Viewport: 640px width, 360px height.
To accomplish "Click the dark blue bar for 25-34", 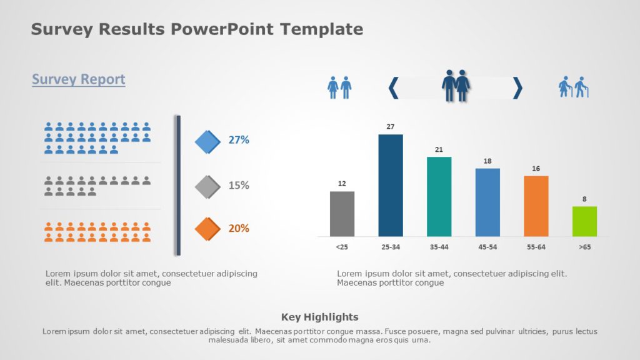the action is click(391, 185).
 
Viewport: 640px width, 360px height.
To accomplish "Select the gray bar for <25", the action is click(342, 214).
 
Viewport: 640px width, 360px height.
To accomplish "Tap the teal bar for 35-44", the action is click(439, 196).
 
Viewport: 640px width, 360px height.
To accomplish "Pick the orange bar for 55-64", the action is click(536, 206).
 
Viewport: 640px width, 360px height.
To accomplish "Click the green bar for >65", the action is click(584, 221).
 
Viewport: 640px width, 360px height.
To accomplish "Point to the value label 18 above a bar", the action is click(487, 161).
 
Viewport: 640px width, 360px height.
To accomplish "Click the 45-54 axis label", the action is click(487, 247).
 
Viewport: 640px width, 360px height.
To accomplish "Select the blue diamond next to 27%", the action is click(207, 142).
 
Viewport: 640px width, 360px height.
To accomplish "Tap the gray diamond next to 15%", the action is click(207, 186).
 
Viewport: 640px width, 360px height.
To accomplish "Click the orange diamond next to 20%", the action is click(207, 229).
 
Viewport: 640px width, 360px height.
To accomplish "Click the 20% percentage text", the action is click(239, 228).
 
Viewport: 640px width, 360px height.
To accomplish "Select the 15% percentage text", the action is click(239, 186).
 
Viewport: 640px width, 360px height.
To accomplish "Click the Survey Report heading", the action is click(79, 79).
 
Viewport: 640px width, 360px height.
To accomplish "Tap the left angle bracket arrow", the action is click(393, 87).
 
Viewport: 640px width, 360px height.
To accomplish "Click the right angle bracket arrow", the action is click(517, 87).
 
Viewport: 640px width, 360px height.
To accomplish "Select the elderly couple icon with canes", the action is click(574, 87).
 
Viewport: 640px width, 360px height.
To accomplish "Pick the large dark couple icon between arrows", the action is click(456, 86).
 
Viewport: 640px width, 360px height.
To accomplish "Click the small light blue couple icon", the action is click(339, 87).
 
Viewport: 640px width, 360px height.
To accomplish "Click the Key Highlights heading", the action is click(320, 317).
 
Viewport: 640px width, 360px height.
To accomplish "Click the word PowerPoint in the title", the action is click(231, 29).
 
